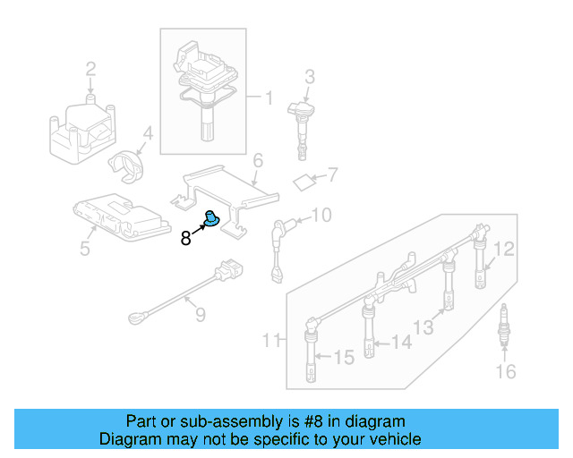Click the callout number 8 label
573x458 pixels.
[185, 238]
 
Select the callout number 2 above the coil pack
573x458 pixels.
[90, 69]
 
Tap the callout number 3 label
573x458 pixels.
[309, 77]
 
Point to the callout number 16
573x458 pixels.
[506, 371]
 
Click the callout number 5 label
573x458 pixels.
[84, 248]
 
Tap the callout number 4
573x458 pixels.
[148, 134]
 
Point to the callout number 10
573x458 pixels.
[321, 215]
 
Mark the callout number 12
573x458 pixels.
[506, 250]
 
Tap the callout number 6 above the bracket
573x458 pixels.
[257, 161]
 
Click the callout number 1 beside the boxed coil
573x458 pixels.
[267, 95]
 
